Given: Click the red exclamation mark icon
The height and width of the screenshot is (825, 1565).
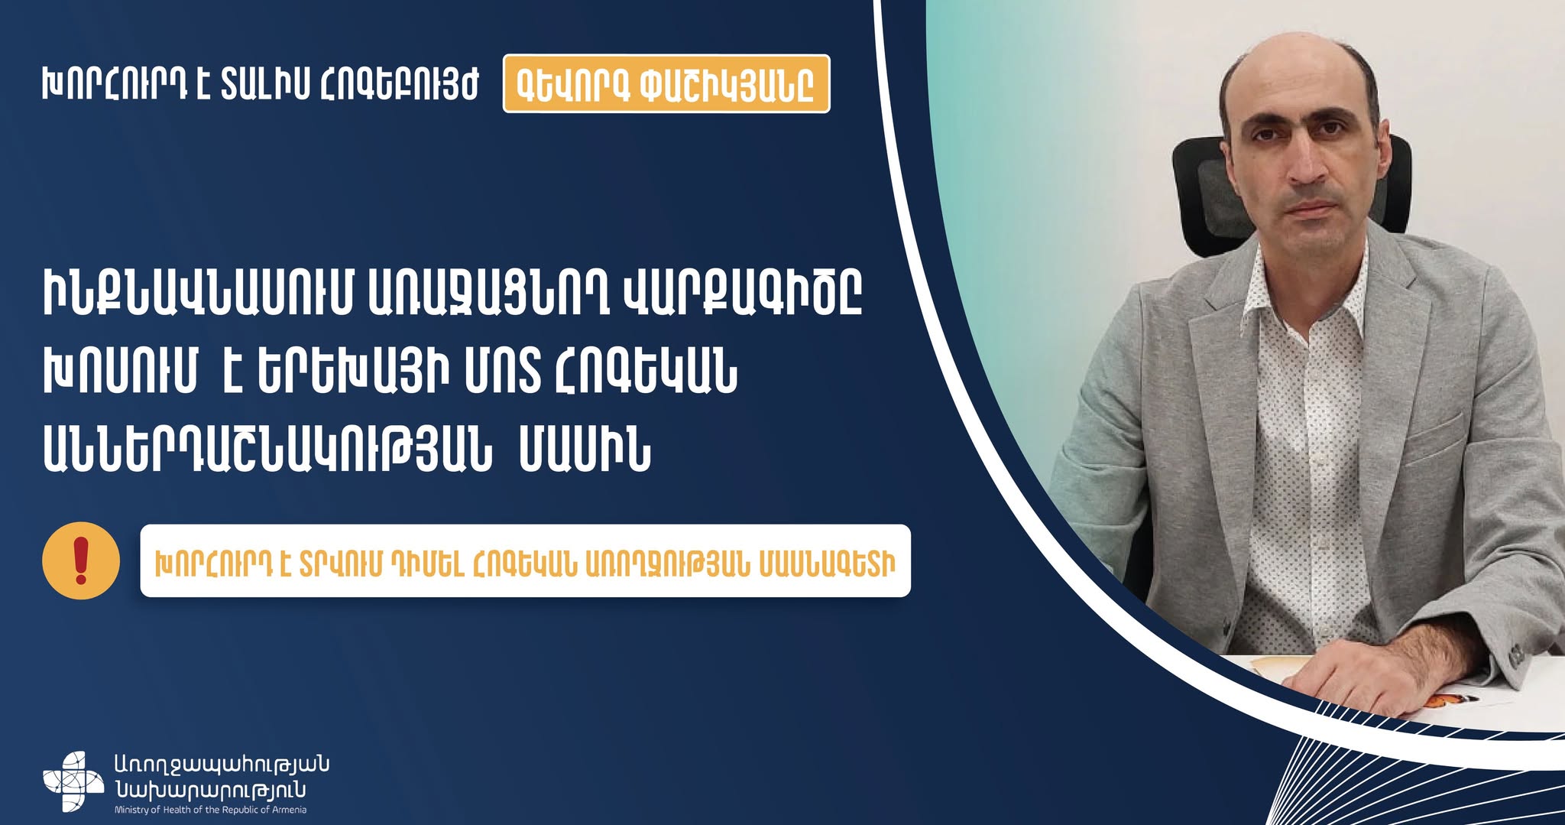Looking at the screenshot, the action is pyautogui.click(x=81, y=560).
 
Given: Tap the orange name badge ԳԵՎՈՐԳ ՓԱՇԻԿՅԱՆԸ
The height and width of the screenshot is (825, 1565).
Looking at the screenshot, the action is pyautogui.click(x=666, y=84).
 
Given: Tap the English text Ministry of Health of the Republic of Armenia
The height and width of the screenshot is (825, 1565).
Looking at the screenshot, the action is pyautogui.click(x=210, y=810).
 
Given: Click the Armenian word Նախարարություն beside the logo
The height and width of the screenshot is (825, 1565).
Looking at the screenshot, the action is pyautogui.click(x=210, y=790).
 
